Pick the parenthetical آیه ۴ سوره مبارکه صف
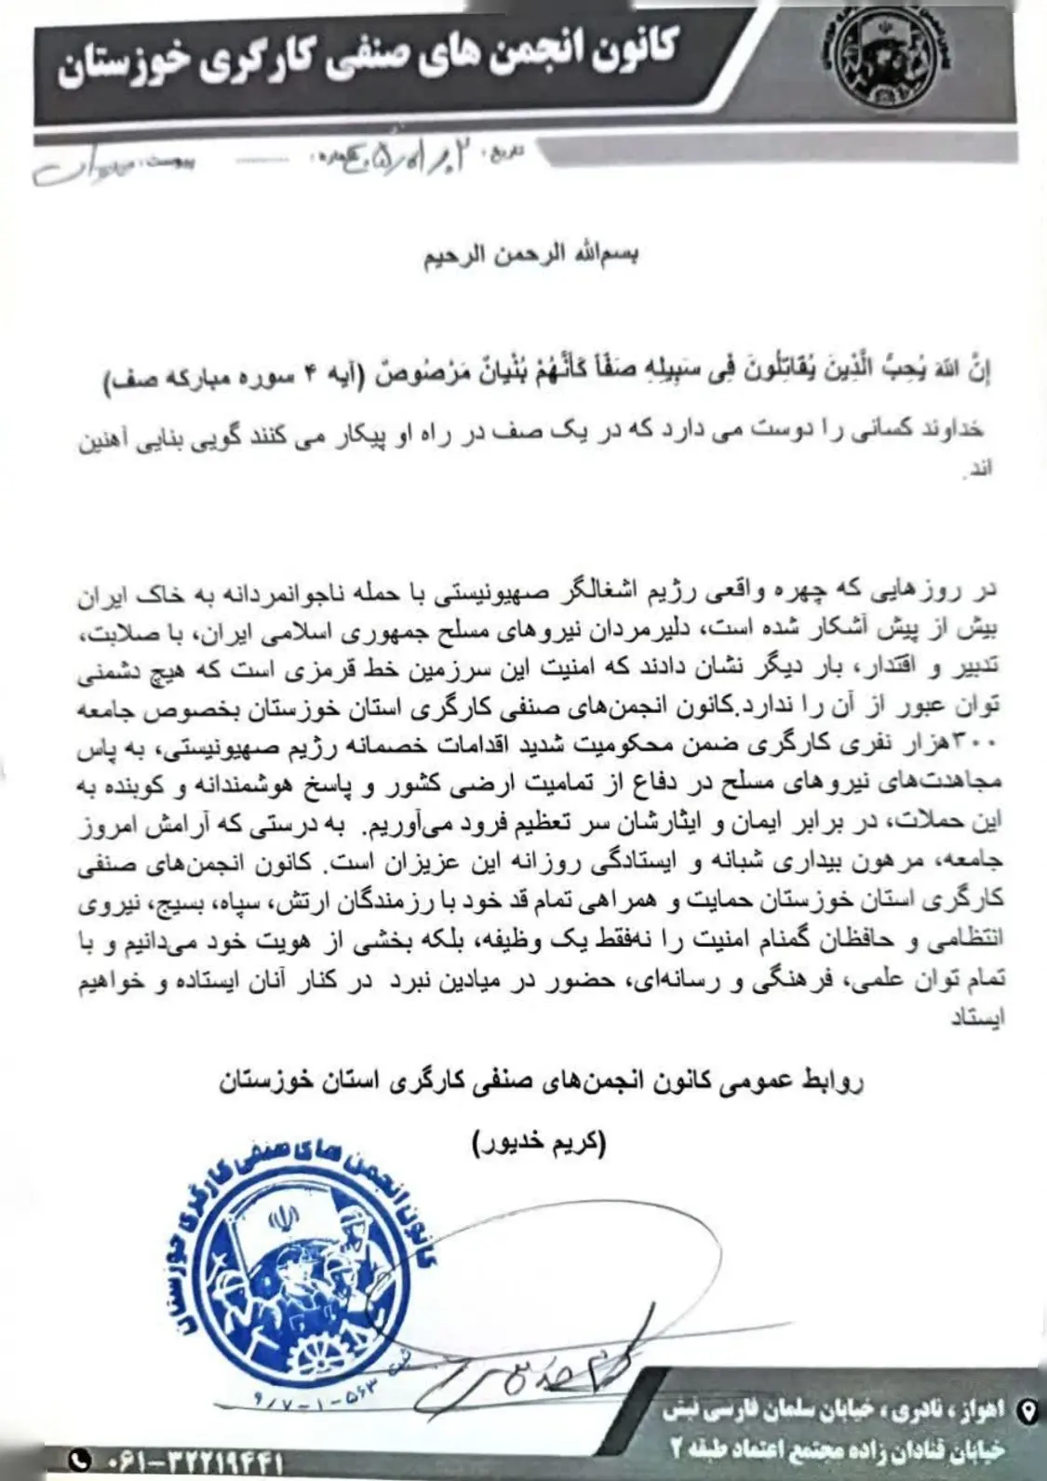[x=245, y=379]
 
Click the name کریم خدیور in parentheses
[x=539, y=1143]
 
